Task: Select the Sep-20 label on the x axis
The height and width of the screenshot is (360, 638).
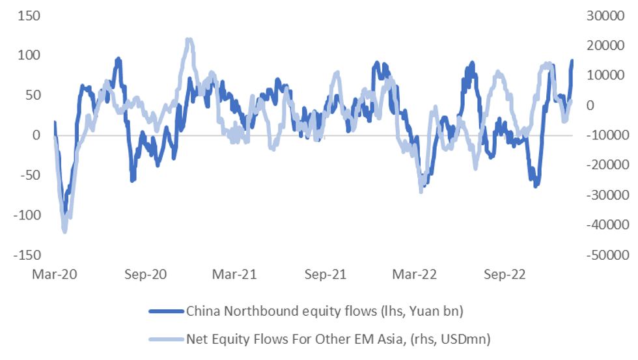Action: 145,275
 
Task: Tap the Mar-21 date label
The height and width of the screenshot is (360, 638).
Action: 234,275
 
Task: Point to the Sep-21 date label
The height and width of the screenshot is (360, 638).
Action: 326,275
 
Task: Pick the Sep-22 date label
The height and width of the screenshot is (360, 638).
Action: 506,275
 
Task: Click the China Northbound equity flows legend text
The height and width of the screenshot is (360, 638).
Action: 324,311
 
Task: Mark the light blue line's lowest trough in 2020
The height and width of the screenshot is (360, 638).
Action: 64,230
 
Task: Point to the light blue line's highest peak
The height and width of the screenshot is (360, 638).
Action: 188,40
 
